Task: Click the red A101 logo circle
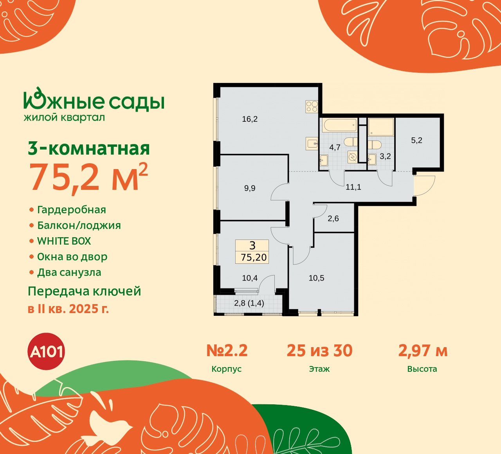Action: [x=47, y=351]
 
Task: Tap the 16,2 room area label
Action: [x=250, y=119]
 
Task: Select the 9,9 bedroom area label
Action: [x=250, y=188]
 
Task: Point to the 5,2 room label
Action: [x=416, y=141]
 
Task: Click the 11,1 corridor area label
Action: [x=353, y=187]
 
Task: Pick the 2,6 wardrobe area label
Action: [x=333, y=219]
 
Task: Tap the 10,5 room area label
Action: [x=316, y=278]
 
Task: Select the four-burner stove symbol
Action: [x=312, y=106]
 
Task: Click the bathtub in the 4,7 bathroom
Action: [x=340, y=126]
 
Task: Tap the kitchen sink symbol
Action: [x=312, y=144]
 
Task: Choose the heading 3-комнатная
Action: [x=89, y=149]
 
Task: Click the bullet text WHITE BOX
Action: [x=64, y=241]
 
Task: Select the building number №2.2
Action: [x=227, y=351]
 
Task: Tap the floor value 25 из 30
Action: [x=319, y=351]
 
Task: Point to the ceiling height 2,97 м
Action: [x=423, y=351]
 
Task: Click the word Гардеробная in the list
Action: [x=72, y=210]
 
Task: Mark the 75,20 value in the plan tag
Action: [x=254, y=258]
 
